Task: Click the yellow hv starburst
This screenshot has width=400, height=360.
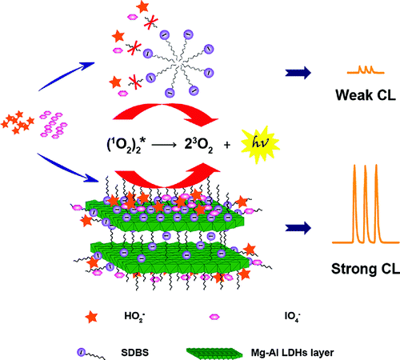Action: (260, 144)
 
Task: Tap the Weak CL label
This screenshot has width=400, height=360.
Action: (366, 95)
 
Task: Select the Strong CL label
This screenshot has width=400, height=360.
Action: (366, 269)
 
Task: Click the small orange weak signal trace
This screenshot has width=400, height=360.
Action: (366, 70)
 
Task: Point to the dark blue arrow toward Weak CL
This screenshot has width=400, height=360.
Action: (298, 73)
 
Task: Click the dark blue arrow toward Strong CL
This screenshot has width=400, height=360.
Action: (298, 228)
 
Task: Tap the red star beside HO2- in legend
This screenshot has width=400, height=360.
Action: (91, 317)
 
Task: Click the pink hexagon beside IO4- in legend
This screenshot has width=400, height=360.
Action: (214, 317)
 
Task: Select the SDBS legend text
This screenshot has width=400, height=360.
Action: (134, 353)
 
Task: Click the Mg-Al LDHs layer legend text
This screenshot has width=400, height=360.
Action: (292, 353)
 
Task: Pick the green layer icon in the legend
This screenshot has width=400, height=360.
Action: (214, 353)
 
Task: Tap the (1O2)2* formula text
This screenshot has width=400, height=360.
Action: (126, 146)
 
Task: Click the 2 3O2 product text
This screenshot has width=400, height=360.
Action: (198, 146)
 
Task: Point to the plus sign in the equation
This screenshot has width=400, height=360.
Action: (227, 145)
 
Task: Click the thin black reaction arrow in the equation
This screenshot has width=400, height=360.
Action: (164, 145)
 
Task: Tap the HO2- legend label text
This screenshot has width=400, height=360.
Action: (134, 317)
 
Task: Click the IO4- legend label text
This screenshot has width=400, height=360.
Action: (293, 317)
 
